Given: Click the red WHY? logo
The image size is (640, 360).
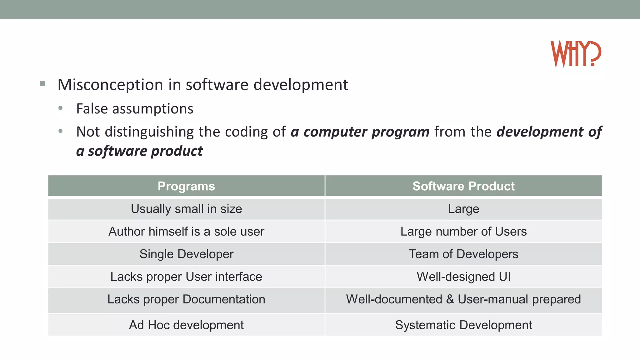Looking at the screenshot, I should pyautogui.click(x=576, y=54).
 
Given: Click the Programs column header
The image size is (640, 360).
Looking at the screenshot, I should pyautogui.click(x=186, y=186).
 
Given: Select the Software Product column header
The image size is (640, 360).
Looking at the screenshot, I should pyautogui.click(x=463, y=186).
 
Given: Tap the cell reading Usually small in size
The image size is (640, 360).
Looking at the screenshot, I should pyautogui.click(x=186, y=209).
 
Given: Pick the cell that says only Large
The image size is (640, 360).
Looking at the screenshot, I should pyautogui.click(x=463, y=209).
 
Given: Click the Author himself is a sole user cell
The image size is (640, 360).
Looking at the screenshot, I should pyautogui.click(x=186, y=232).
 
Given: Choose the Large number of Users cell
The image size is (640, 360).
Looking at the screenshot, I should pyautogui.click(x=463, y=232).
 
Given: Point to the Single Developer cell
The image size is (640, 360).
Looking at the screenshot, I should pyautogui.click(x=186, y=254).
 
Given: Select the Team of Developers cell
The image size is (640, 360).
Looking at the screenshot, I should pyautogui.click(x=463, y=254).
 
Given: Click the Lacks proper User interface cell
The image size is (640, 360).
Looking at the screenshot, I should pyautogui.click(x=186, y=277).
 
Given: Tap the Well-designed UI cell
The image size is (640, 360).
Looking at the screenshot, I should pyautogui.click(x=463, y=277).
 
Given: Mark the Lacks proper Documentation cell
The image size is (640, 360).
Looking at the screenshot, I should pyautogui.click(x=186, y=299).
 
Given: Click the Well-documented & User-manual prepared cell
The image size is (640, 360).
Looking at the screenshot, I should pyautogui.click(x=463, y=299).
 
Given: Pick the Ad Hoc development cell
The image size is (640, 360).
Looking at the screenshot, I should pyautogui.click(x=186, y=325).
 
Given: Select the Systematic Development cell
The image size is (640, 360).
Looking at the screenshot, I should pyautogui.click(x=463, y=325).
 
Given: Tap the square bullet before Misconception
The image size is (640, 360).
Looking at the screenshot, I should pyautogui.click(x=42, y=83).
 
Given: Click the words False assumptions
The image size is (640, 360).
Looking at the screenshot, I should pyautogui.click(x=135, y=109).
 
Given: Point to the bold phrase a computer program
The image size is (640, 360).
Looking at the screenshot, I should pyautogui.click(x=360, y=132).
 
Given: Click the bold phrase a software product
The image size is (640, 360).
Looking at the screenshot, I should pyautogui.click(x=139, y=151).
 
